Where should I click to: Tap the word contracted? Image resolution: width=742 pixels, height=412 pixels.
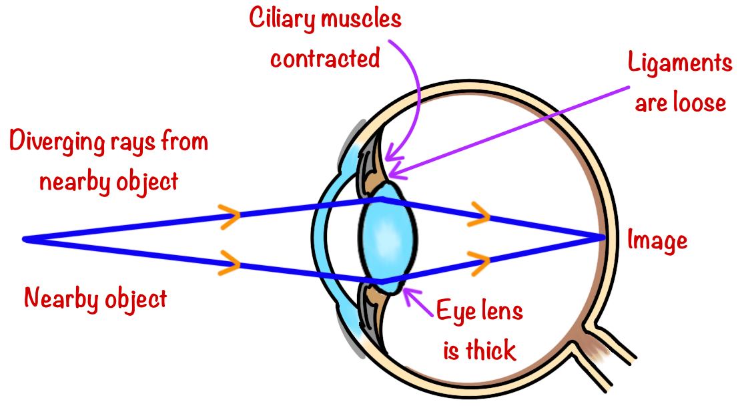[x=325, y=59]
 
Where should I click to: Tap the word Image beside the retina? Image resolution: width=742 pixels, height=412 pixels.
[x=657, y=240]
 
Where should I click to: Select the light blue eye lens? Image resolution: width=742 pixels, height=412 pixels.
[x=388, y=239]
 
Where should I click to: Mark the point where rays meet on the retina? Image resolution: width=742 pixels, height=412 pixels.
[x=603, y=237]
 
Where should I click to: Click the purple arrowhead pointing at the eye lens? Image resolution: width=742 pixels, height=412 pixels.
[x=408, y=292]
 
